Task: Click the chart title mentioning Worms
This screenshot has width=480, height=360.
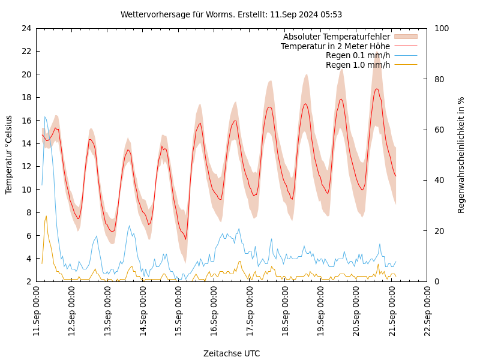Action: [x=231, y=14]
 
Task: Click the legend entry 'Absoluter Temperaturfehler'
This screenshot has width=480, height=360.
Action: [x=336, y=37]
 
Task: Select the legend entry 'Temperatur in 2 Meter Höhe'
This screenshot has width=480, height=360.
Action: [x=335, y=46]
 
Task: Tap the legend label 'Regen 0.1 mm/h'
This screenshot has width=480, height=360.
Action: [x=358, y=55]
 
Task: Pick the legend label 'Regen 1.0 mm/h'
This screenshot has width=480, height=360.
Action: [x=358, y=65]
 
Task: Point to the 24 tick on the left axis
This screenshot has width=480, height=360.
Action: [x=25, y=28]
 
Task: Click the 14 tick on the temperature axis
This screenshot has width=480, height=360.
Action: [x=25, y=143]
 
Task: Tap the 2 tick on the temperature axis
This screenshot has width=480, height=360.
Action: [x=28, y=281]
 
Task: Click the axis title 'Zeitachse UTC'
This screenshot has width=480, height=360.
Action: [x=232, y=353]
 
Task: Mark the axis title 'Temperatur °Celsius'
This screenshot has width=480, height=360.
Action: [x=9, y=154]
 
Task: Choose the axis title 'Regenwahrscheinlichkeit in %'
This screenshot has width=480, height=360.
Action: [x=461, y=155]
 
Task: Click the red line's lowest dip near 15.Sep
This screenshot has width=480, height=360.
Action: [x=185, y=239]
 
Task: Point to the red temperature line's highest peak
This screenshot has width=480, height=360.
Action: [x=377, y=89]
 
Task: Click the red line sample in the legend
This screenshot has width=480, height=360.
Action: [x=405, y=46]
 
